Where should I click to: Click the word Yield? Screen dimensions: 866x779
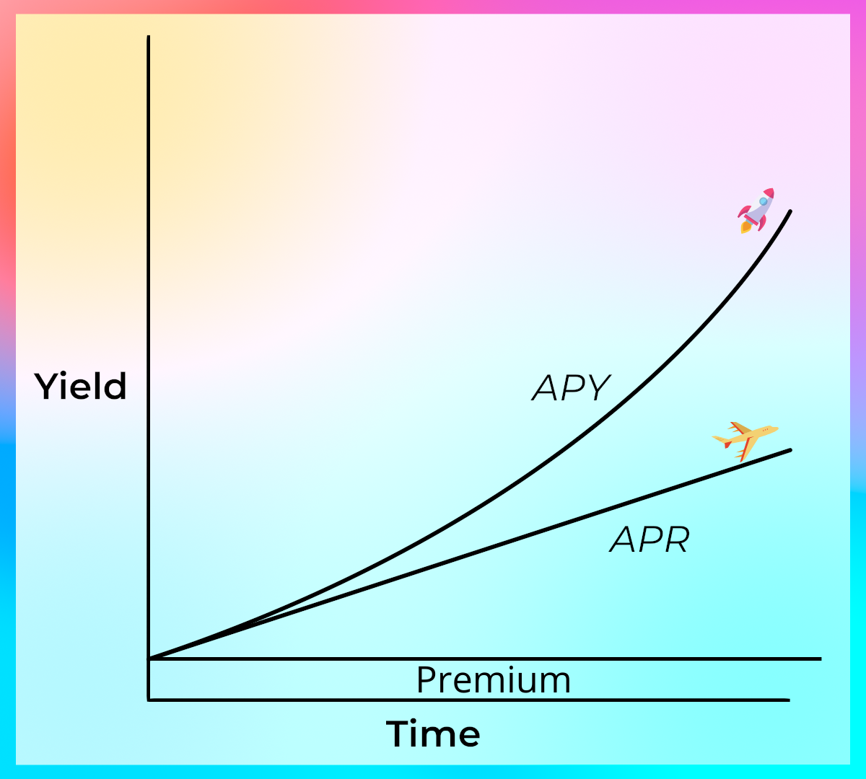coord(80,386)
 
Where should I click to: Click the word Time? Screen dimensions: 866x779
coord(433,734)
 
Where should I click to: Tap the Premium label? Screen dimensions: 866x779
coord(494,679)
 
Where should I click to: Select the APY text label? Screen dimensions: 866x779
coord(571,388)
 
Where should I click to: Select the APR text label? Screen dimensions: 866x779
coord(649,540)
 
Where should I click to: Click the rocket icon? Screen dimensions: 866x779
coord(756,211)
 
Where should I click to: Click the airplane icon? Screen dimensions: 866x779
coord(745,441)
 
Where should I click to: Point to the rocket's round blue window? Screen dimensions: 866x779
coord(764,201)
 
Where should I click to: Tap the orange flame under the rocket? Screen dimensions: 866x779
coord(745,227)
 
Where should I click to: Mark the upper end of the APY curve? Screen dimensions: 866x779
coord(790,211)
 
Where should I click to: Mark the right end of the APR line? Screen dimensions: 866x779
coord(790,450)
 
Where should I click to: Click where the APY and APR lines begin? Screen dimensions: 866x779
coord(149,659)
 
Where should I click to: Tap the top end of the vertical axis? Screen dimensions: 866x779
coord(149,36)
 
